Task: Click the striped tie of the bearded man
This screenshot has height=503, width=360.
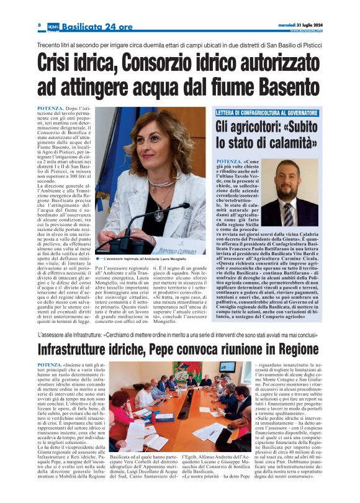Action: (x=288, y=214)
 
